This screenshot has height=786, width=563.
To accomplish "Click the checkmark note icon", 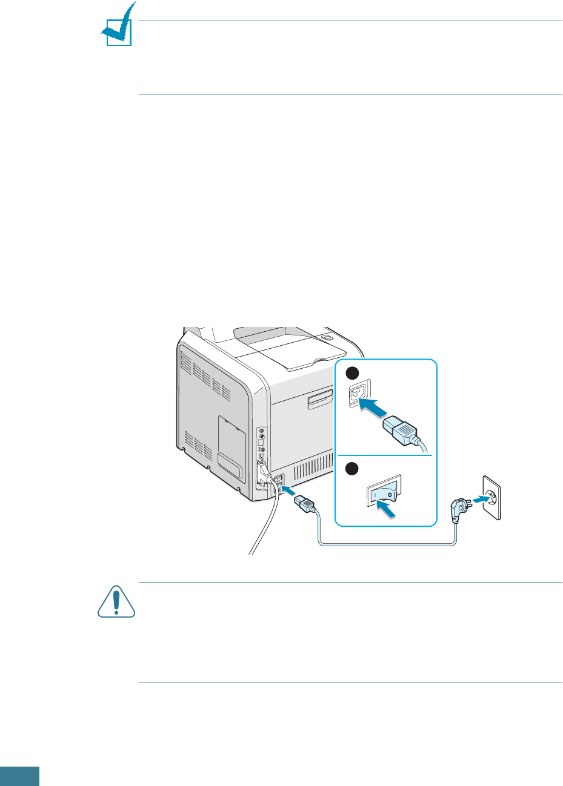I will pyautogui.click(x=118, y=28).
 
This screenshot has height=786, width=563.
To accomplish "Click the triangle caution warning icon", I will pyautogui.click(x=116, y=601).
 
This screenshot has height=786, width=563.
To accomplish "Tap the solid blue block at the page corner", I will pyautogui.click(x=19, y=776).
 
